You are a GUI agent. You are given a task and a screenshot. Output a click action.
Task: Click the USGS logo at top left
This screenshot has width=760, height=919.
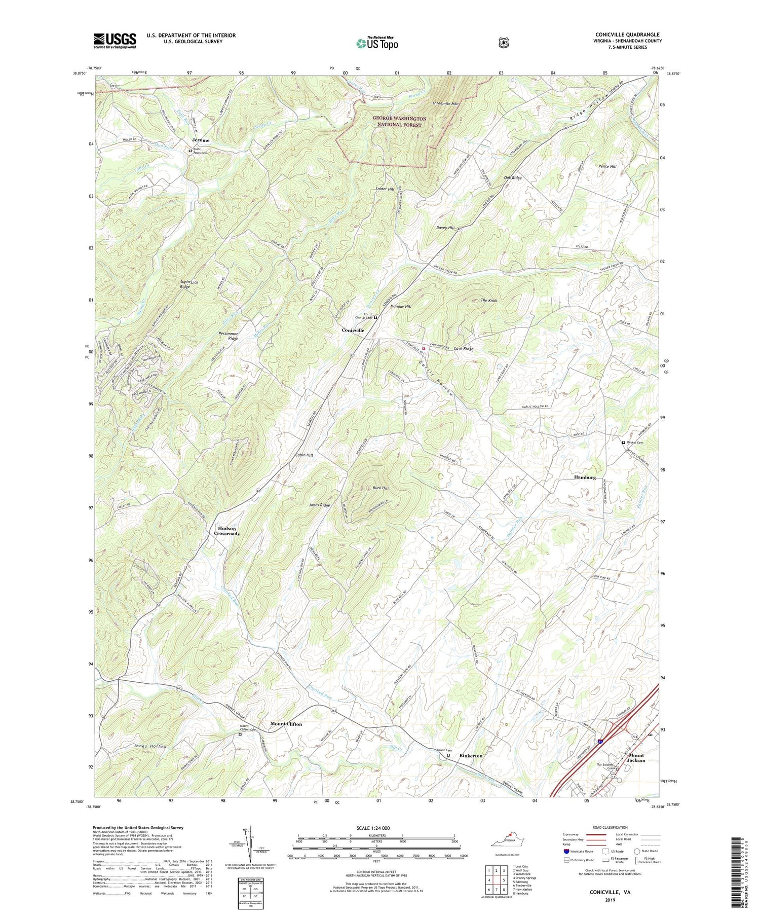click(115, 41)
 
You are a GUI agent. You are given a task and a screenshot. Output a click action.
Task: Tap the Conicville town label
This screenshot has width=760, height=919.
click(353, 330)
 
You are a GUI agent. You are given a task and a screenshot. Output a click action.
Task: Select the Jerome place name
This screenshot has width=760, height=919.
click(200, 140)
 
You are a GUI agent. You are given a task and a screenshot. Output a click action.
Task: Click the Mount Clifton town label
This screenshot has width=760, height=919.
click(286, 724)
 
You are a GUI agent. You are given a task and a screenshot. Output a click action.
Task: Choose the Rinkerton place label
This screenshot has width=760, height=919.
click(471, 756)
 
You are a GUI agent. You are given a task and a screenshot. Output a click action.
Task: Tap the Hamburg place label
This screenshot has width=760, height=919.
click(584, 477)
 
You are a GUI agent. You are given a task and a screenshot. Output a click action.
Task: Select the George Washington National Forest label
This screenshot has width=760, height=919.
click(399, 121)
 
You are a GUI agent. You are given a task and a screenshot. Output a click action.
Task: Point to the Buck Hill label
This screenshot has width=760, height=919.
click(380, 488)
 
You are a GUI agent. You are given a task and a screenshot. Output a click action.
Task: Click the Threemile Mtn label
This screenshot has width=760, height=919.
click(445, 103)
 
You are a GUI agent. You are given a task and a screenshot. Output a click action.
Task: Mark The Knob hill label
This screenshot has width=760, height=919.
click(489, 301)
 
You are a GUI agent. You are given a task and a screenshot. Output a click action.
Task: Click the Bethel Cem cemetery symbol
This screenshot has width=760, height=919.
click(623, 443)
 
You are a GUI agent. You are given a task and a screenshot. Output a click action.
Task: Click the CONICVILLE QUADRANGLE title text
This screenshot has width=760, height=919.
click(628, 35)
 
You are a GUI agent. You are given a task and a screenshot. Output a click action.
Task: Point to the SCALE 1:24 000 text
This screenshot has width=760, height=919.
click(376, 828)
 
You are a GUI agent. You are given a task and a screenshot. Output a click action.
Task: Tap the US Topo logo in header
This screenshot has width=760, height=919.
click(377, 43)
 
